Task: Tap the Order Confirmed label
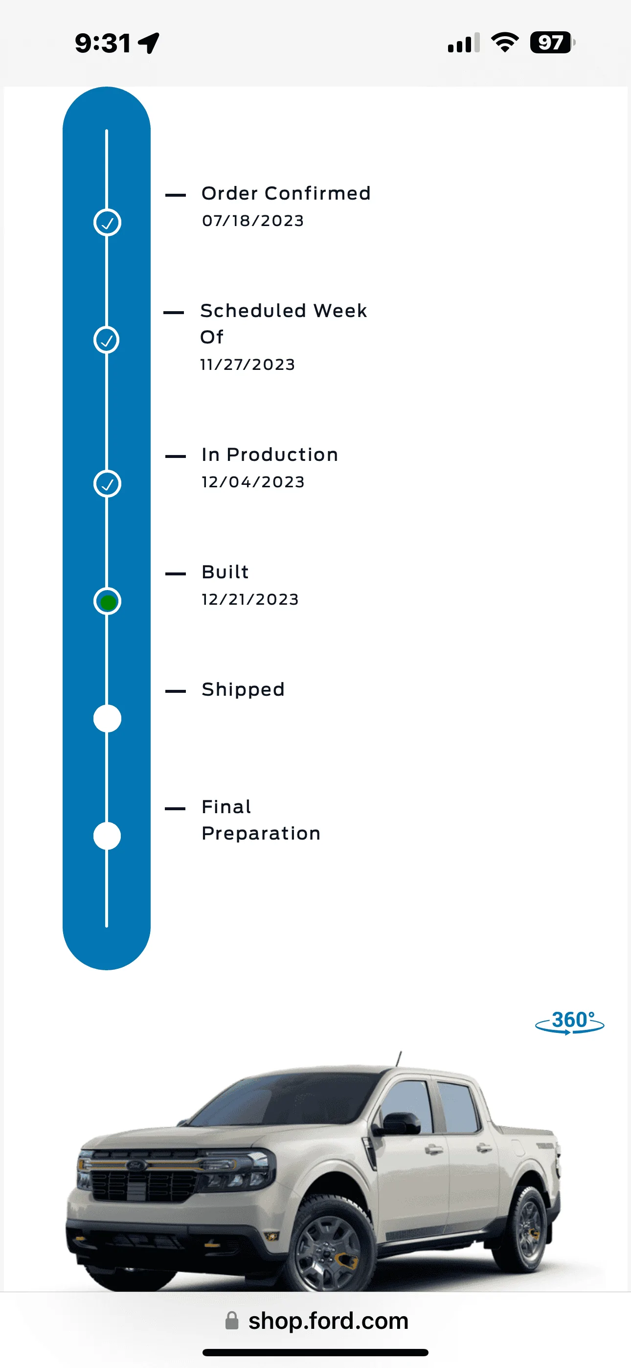pyautogui.click(x=286, y=193)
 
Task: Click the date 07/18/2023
pyautogui.click(x=253, y=220)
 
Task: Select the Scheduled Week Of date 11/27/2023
pyautogui.click(x=248, y=365)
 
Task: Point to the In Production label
pyautogui.click(x=270, y=455)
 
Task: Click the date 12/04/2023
pyautogui.click(x=253, y=481)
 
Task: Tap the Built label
pyautogui.click(x=225, y=572)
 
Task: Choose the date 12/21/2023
pyautogui.click(x=250, y=599)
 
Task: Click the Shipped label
pyautogui.click(x=243, y=689)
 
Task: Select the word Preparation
pyautogui.click(x=261, y=833)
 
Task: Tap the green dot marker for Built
pyautogui.click(x=107, y=602)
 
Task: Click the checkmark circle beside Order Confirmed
pyautogui.click(x=107, y=223)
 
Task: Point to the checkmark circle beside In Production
pyautogui.click(x=107, y=484)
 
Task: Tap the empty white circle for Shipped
pyautogui.click(x=107, y=719)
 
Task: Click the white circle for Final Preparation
pyautogui.click(x=107, y=836)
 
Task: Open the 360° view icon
pyautogui.click(x=569, y=1022)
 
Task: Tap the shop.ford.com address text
pyautogui.click(x=328, y=1321)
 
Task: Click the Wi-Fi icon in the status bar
pyautogui.click(x=505, y=43)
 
